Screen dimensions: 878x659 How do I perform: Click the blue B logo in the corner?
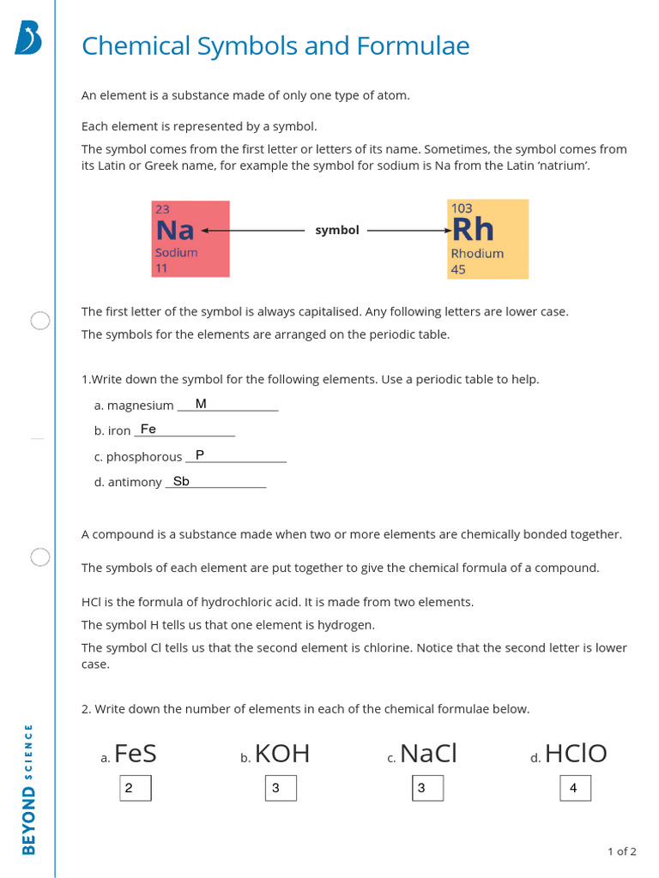[28, 39]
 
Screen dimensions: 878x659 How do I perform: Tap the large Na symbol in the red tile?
[175, 230]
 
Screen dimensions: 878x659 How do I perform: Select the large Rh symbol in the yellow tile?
[473, 229]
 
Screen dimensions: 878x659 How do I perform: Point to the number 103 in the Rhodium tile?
[461, 207]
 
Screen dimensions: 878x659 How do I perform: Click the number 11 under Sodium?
[161, 268]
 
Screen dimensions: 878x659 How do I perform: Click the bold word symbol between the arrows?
[337, 231]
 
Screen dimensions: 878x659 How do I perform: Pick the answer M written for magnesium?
[201, 404]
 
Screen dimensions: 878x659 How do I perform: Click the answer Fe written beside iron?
[148, 429]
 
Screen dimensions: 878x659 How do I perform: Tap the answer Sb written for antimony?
[181, 481]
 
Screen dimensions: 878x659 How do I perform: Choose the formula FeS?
[135, 754]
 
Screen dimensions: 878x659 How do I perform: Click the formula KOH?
[282, 754]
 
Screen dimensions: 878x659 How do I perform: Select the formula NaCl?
[428, 754]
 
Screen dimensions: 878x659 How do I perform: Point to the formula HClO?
[576, 754]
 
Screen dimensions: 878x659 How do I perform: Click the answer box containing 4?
[575, 788]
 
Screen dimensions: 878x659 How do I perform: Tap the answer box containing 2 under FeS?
[135, 788]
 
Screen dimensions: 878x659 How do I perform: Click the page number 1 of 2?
[621, 851]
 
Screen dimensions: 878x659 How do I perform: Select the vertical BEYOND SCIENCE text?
[28, 789]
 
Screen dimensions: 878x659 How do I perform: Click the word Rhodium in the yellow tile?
[477, 254]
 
